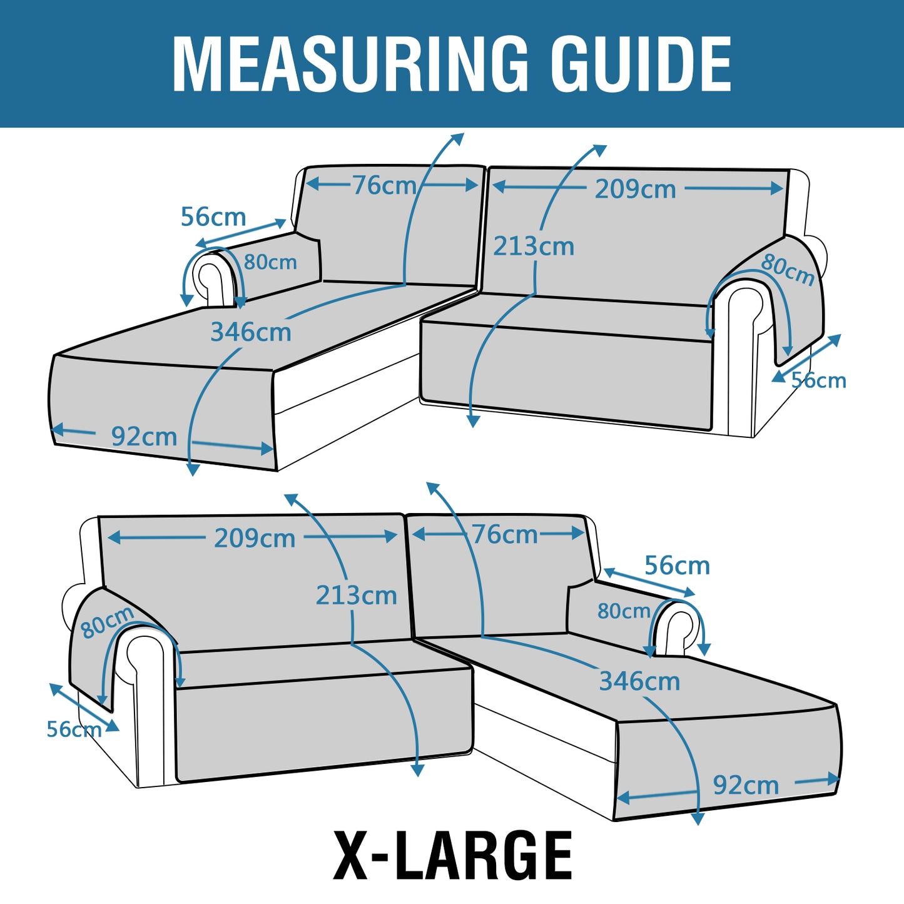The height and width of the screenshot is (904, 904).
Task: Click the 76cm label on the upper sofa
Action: pyautogui.click(x=384, y=185)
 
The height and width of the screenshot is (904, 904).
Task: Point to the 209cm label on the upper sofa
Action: pyautogui.click(x=635, y=190)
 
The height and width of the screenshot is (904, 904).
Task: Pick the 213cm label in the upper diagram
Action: pyautogui.click(x=534, y=246)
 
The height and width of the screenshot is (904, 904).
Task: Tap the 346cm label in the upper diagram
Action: pyautogui.click(x=250, y=332)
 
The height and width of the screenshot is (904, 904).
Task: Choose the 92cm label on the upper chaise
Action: pyautogui.click(x=144, y=437)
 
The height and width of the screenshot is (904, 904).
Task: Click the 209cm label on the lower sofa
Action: pyautogui.click(x=255, y=538)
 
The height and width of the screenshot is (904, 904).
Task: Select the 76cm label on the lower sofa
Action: pyautogui.click(x=505, y=534)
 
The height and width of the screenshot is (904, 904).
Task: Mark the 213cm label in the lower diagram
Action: pyautogui.click(x=356, y=596)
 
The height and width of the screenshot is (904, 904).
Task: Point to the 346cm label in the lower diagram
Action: pyautogui.click(x=639, y=681)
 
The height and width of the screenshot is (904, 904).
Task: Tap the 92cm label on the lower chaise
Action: pyautogui.click(x=746, y=785)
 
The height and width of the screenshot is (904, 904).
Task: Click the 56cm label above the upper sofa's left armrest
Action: pyautogui.click(x=213, y=216)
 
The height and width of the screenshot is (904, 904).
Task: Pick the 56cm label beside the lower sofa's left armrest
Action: pyautogui.click(x=74, y=729)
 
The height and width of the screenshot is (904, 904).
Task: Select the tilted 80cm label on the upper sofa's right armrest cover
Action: pyautogui.click(x=788, y=269)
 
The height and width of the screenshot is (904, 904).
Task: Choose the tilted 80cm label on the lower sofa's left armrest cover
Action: pyautogui.click(x=108, y=622)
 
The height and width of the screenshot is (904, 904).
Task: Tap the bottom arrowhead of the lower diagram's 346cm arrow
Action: pyautogui.click(x=699, y=820)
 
